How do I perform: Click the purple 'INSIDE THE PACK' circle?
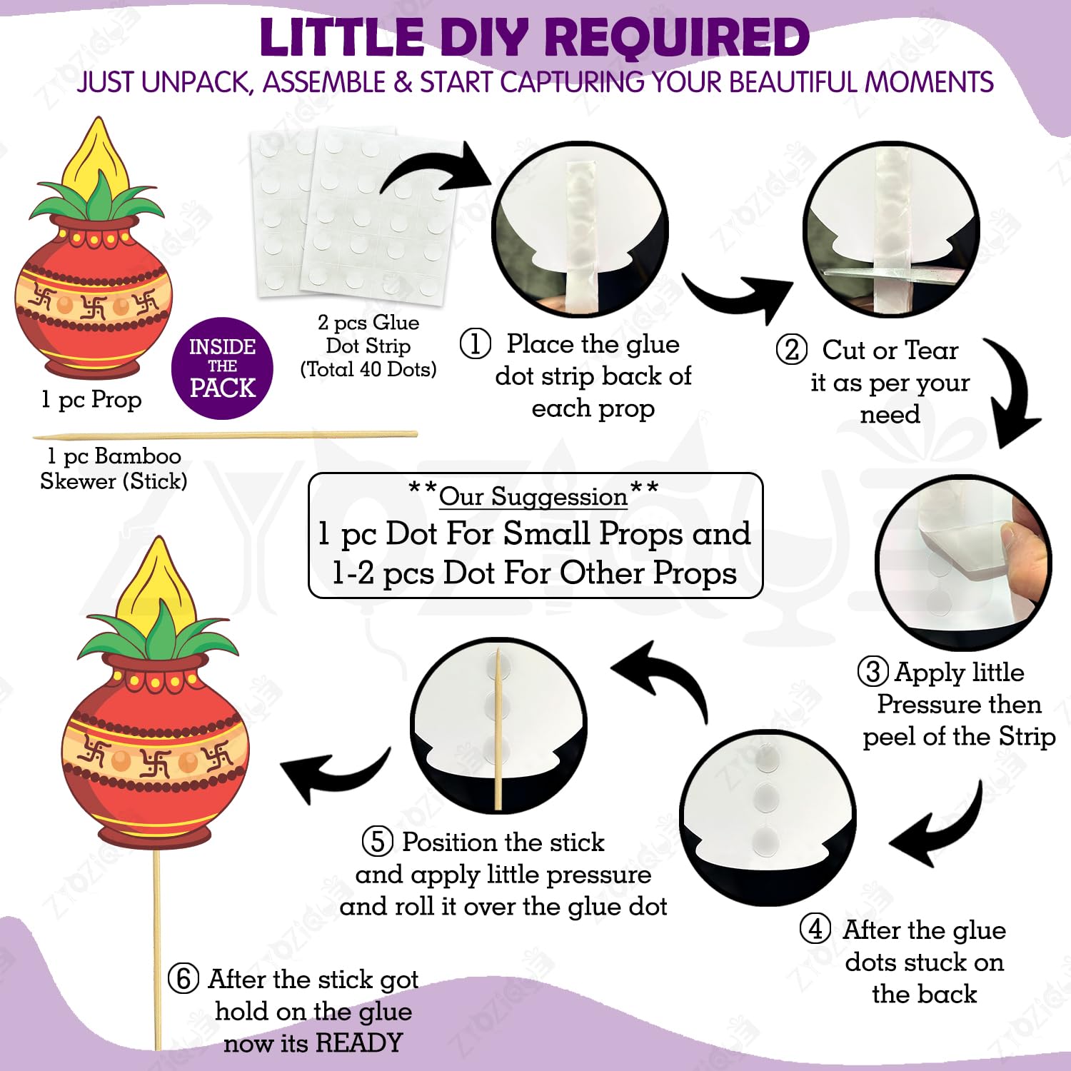click(222, 368)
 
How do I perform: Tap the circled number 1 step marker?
click(475, 343)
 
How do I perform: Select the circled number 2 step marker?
click(791, 350)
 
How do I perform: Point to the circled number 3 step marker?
click(873, 672)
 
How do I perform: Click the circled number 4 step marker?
click(815, 929)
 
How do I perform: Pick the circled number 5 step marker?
click(378, 841)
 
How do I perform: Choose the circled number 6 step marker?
click(183, 978)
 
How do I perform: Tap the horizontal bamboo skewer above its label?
click(225, 435)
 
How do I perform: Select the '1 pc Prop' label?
click(91, 400)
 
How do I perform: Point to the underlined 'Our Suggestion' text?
click(533, 496)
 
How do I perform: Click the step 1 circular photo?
click(581, 229)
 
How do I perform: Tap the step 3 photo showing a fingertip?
click(964, 562)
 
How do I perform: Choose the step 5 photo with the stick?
click(498, 725)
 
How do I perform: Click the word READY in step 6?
click(359, 1043)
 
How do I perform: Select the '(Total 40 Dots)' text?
click(368, 369)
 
